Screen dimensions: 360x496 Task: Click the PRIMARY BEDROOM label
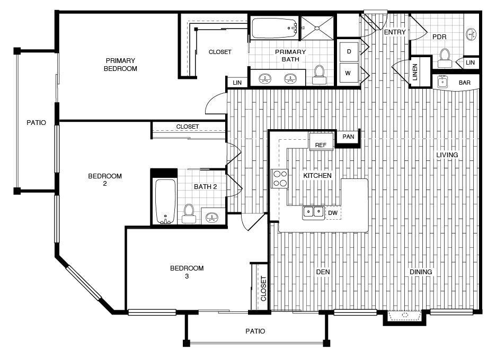tap(120, 65)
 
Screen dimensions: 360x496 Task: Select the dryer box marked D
tap(349, 51)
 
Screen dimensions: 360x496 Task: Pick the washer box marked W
tap(349, 74)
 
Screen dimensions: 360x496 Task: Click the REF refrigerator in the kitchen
tap(321, 143)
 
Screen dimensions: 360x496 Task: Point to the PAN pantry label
tap(348, 137)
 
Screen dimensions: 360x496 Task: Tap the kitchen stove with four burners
tap(279, 178)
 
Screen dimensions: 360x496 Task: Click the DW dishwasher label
tap(332, 213)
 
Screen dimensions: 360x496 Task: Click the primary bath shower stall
tap(317, 27)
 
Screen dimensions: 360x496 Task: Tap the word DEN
tap(323, 272)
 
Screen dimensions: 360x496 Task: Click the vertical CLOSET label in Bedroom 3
tap(263, 289)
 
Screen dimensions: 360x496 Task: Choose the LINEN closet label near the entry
tap(415, 73)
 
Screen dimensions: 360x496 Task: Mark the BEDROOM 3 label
tap(187, 272)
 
